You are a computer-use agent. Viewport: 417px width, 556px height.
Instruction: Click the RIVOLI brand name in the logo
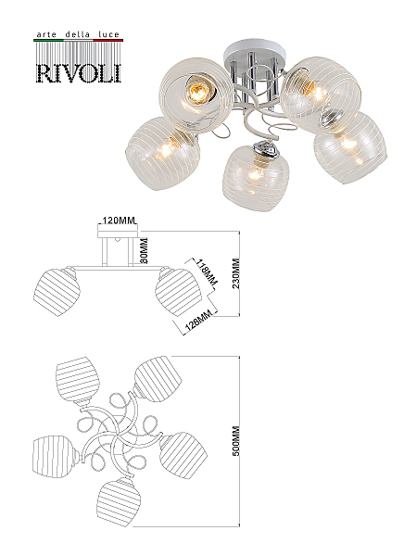coord(79,73)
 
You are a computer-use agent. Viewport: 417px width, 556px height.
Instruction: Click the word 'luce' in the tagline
coord(108,35)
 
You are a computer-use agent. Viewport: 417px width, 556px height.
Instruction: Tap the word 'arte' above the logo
coord(46,35)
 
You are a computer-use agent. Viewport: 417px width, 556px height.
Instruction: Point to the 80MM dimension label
coord(144,251)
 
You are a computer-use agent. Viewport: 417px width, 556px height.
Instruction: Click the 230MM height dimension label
coord(235,272)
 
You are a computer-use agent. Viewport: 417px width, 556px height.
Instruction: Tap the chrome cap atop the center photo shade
coord(265,150)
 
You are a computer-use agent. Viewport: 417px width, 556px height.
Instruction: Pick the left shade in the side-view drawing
coord(57,292)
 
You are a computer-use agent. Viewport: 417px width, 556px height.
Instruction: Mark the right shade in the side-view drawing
coord(177,292)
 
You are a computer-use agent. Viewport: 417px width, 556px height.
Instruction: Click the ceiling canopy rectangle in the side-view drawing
coord(118,232)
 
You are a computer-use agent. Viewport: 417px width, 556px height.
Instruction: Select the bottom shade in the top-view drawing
coord(120,501)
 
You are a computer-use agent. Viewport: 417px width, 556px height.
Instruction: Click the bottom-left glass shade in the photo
coord(162,154)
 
